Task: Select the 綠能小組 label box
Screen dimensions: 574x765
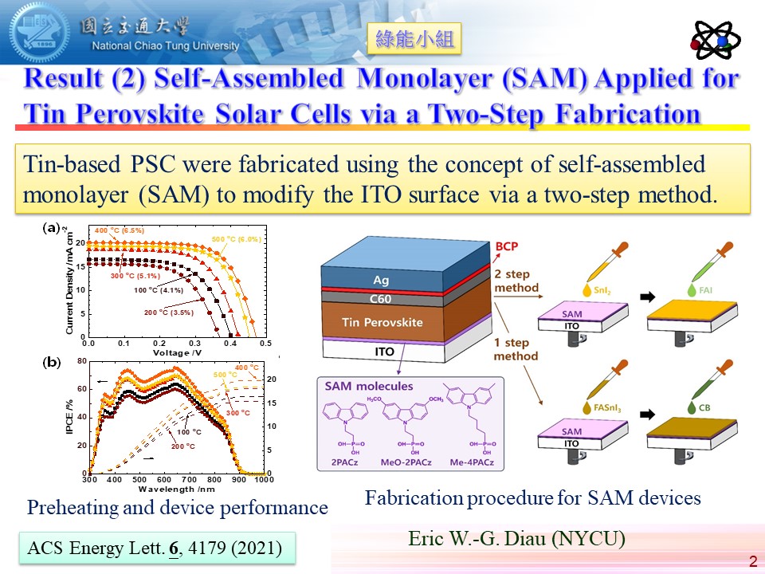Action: click(414, 39)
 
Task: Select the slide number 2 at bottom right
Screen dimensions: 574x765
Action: click(752, 562)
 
